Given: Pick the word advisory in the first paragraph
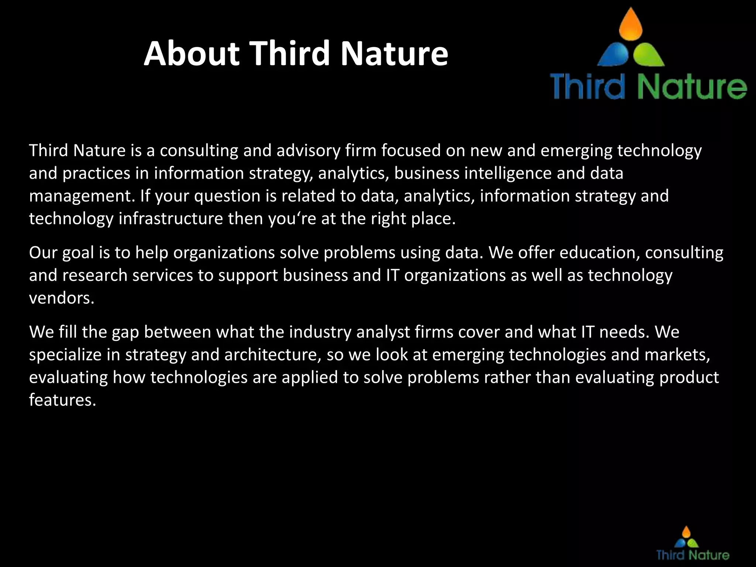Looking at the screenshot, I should pos(308,151).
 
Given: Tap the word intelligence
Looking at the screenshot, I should pos(508,173).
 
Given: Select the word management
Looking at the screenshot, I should pos(82,196).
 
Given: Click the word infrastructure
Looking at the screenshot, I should pos(171,219).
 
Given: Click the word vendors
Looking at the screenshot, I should pos(61,298).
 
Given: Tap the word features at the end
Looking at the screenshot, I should pos(62,400).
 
